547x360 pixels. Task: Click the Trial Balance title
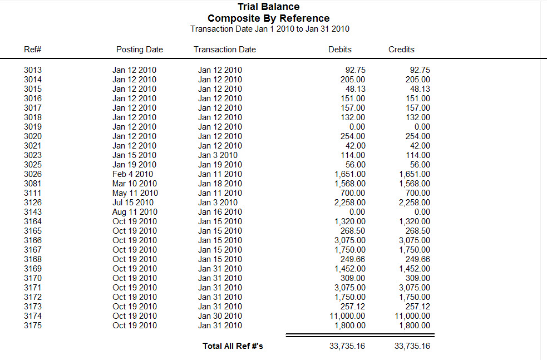click(268, 7)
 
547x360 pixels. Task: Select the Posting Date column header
click(139, 50)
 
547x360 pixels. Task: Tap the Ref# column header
click(33, 50)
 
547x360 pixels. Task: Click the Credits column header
click(401, 50)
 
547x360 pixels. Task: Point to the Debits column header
click(340, 50)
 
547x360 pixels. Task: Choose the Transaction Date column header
click(225, 50)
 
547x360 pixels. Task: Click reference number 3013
click(33, 70)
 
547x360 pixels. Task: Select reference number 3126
click(33, 203)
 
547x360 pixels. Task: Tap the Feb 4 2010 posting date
click(132, 174)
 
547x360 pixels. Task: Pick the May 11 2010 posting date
click(135, 193)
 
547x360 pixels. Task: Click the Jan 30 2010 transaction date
click(220, 316)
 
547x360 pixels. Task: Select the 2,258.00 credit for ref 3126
click(415, 203)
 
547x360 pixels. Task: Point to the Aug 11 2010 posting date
click(135, 212)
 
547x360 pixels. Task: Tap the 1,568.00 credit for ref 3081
click(415, 184)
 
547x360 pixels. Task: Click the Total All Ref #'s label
click(233, 346)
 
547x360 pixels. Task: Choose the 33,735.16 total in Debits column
click(347, 346)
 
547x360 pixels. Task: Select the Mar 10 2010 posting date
click(135, 184)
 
